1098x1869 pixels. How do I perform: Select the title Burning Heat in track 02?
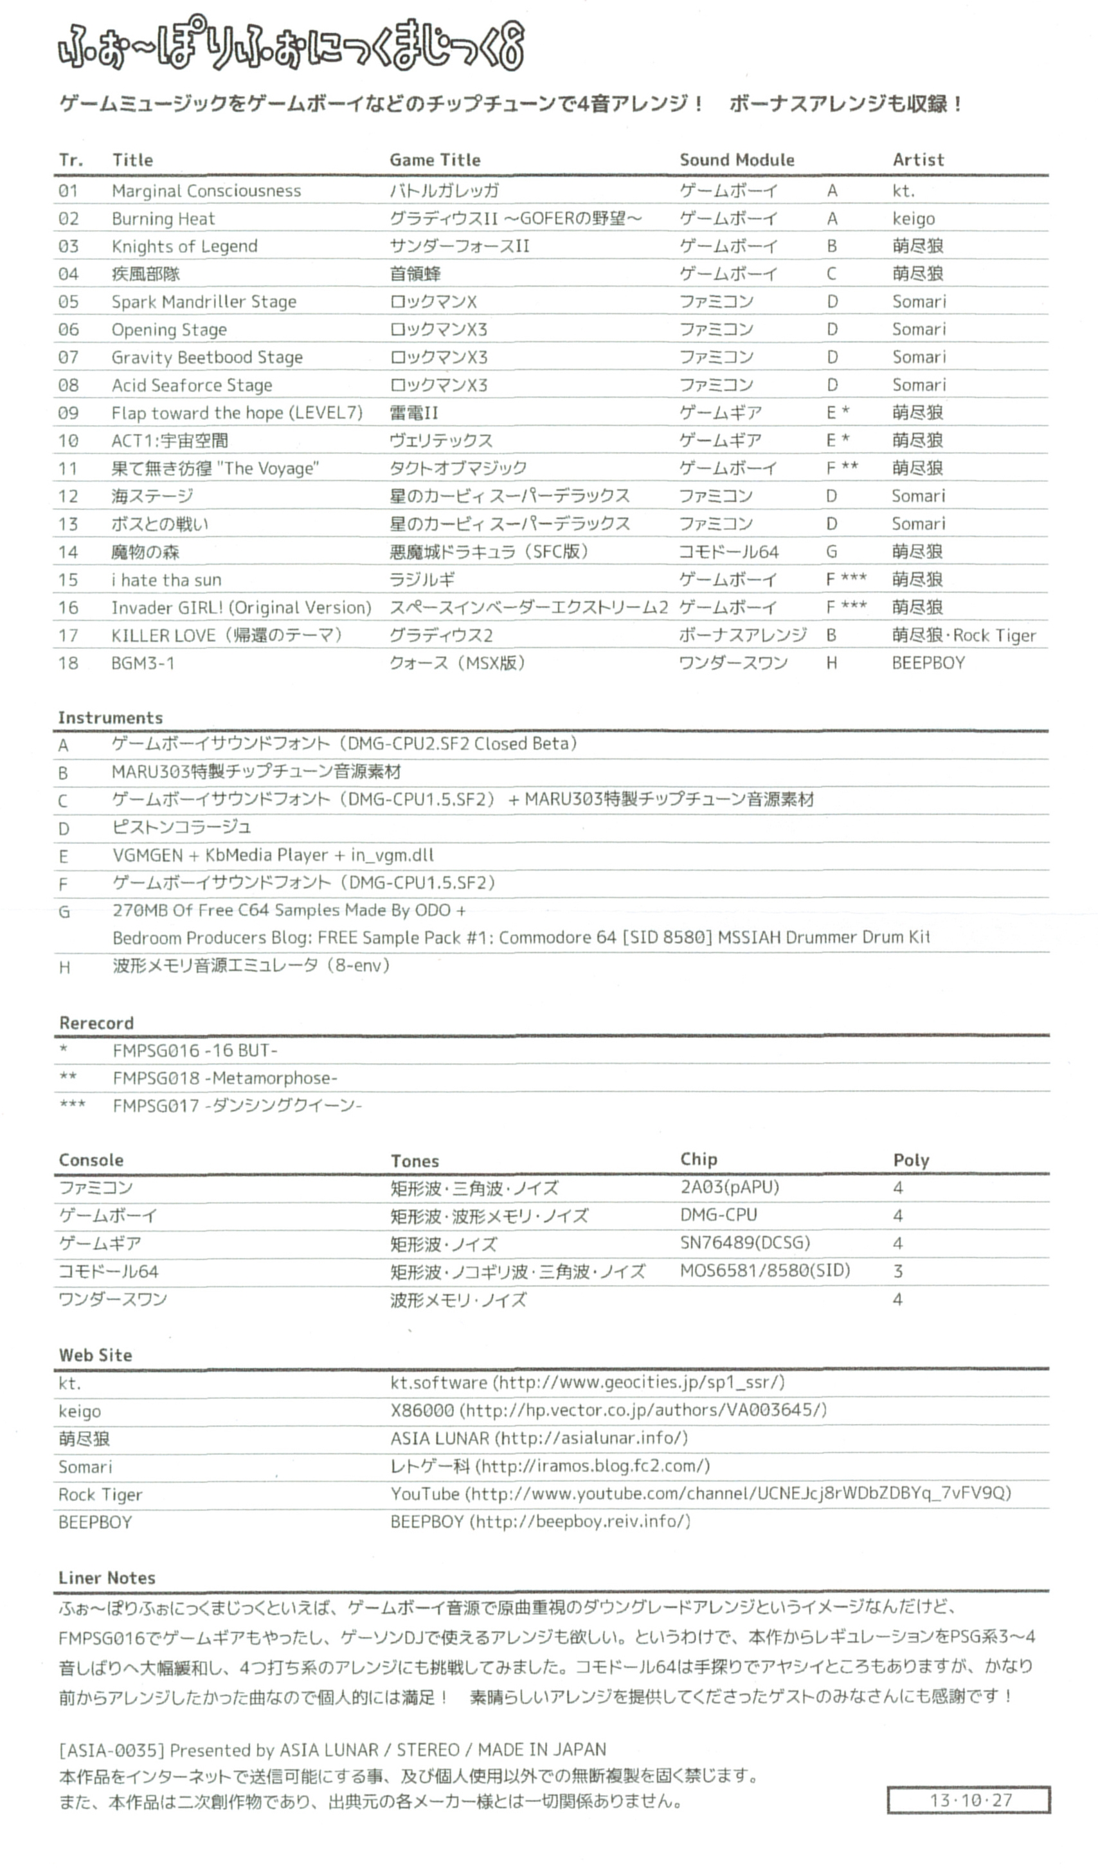(x=163, y=219)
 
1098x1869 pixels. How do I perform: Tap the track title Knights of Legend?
(x=184, y=246)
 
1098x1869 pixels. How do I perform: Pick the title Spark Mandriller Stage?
(x=204, y=302)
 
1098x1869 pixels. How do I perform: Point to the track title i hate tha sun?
(x=166, y=580)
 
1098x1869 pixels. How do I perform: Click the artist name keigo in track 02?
(x=914, y=219)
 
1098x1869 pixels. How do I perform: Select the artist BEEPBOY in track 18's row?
(x=928, y=663)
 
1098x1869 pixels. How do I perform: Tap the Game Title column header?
(x=435, y=160)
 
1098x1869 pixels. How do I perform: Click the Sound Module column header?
(x=737, y=160)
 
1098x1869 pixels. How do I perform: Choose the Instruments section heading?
(x=111, y=718)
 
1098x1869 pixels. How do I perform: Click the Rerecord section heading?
(x=96, y=1023)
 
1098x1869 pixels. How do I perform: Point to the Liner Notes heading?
(x=107, y=1578)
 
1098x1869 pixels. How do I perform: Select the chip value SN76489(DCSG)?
(x=745, y=1243)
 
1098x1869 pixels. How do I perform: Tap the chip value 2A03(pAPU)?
(x=730, y=1187)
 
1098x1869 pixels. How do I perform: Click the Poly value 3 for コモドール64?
(x=898, y=1272)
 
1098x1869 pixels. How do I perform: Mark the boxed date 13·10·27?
(x=969, y=1800)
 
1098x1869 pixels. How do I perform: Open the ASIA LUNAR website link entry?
(x=539, y=1438)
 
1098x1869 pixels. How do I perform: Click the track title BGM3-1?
(x=143, y=663)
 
